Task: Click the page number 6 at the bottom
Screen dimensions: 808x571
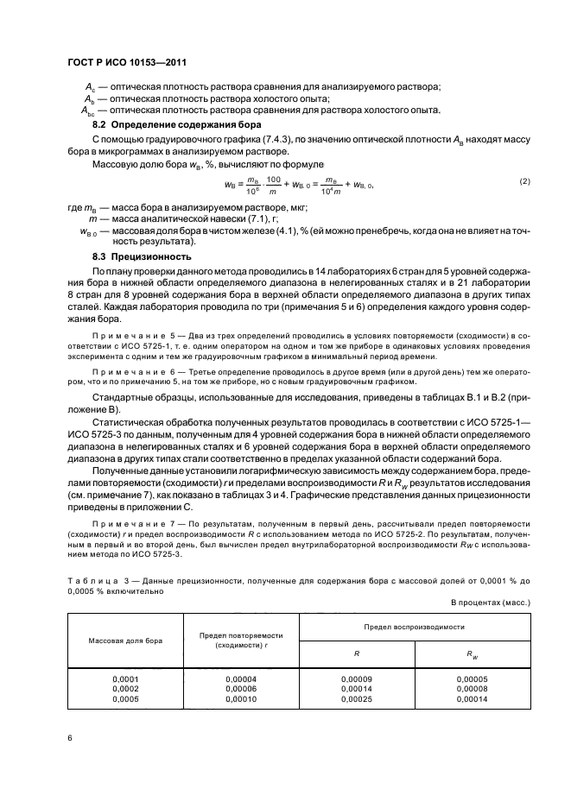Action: pos(70,737)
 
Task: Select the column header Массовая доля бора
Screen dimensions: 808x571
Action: pos(125,641)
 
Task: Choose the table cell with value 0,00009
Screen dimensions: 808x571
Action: pos(356,679)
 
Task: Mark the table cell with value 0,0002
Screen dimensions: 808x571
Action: pos(125,689)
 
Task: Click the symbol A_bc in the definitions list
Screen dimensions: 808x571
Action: pos(88,110)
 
